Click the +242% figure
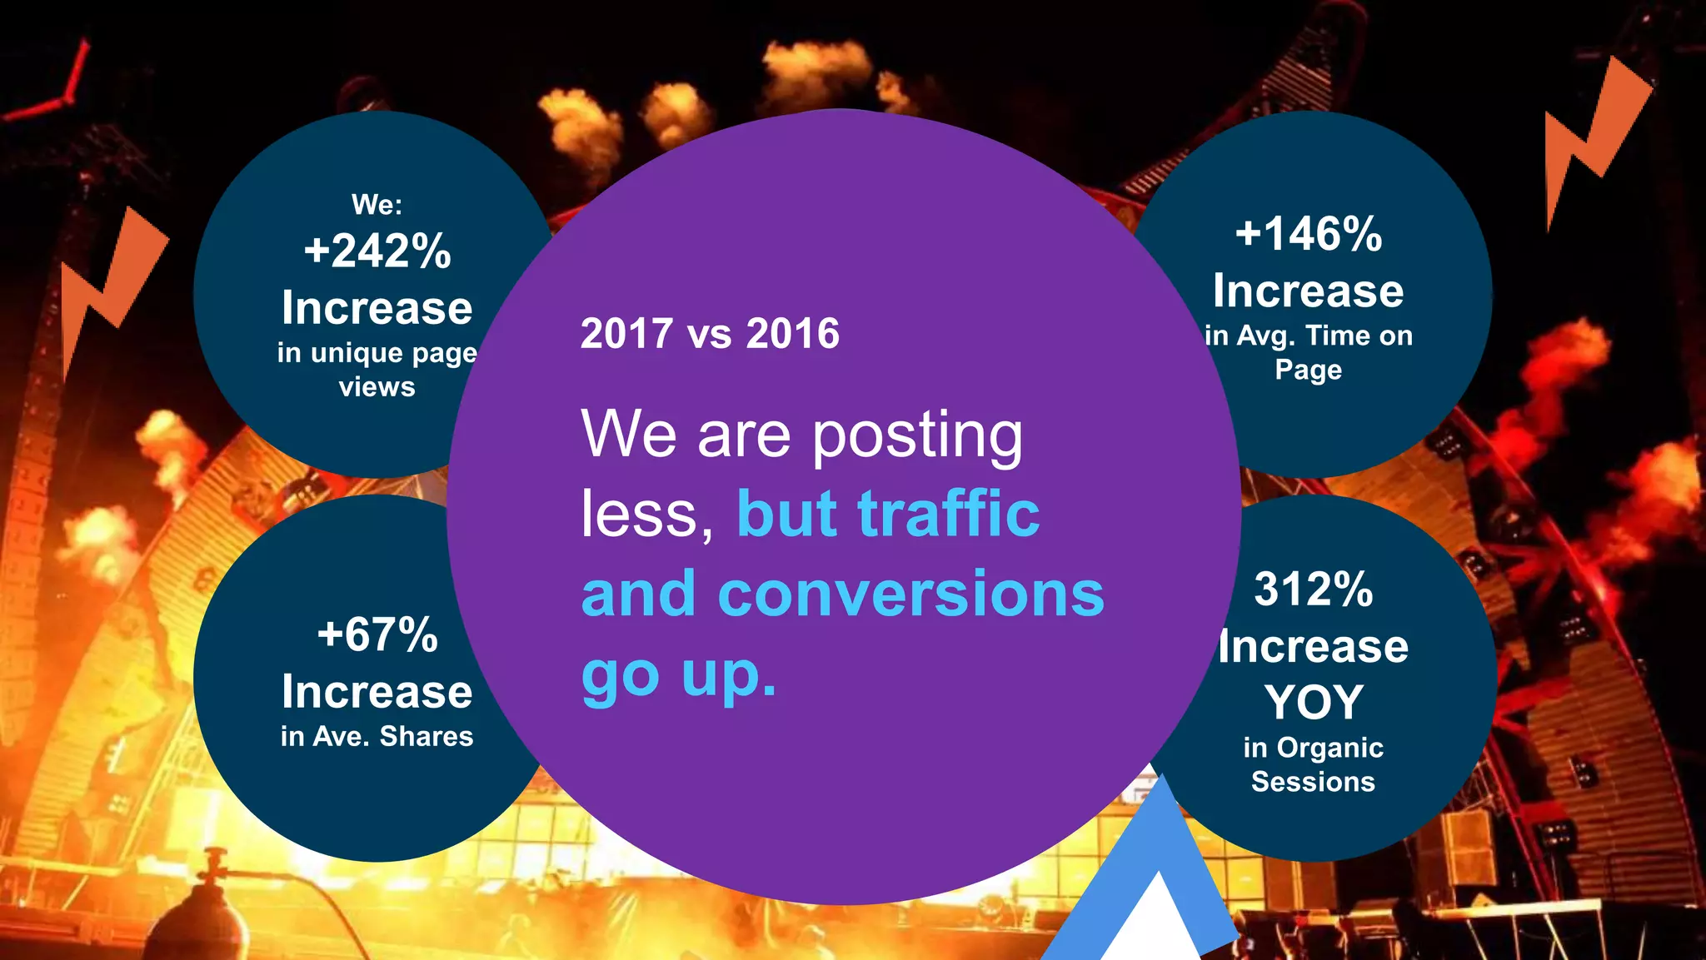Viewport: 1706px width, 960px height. (x=377, y=251)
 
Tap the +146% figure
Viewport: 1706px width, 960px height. (x=1309, y=234)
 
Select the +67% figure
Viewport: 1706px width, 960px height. (x=377, y=634)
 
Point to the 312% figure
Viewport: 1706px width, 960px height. (x=1314, y=589)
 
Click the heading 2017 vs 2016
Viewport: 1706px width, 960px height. (x=710, y=334)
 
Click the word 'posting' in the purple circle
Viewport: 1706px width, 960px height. (x=917, y=435)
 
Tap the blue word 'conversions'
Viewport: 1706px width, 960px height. (x=910, y=594)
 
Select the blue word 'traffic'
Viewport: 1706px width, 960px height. (x=948, y=514)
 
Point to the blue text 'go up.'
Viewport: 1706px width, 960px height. (x=679, y=674)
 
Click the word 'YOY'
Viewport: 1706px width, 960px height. (x=1314, y=702)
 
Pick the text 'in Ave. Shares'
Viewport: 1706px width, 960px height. (x=377, y=737)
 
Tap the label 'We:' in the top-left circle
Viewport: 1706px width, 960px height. (x=377, y=205)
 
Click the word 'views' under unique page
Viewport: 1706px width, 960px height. (x=377, y=387)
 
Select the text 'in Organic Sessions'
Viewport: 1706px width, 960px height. (x=1314, y=764)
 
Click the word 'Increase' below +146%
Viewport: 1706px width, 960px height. (x=1309, y=291)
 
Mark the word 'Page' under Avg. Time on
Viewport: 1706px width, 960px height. (x=1309, y=370)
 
